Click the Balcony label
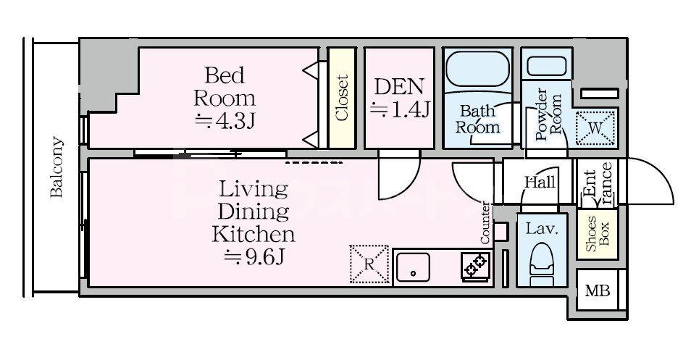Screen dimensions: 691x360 pos(56,167)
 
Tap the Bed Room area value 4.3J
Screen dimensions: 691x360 pos(225,121)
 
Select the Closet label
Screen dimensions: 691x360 pos(342,98)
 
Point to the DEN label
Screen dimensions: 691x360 pos(399,87)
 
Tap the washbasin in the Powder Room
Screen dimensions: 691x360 pos(546,66)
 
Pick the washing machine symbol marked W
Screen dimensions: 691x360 pos(595,127)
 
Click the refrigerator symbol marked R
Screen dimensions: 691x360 pos(369,264)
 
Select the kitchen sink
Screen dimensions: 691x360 pos(413,267)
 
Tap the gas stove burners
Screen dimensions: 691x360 pos(476,266)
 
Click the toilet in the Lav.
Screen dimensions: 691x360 pos(542,264)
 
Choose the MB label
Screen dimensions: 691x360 pos(597,290)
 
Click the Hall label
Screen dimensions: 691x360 pos(540,182)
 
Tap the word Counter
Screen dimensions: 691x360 pos(485,222)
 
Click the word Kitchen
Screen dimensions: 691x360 pos(254,233)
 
